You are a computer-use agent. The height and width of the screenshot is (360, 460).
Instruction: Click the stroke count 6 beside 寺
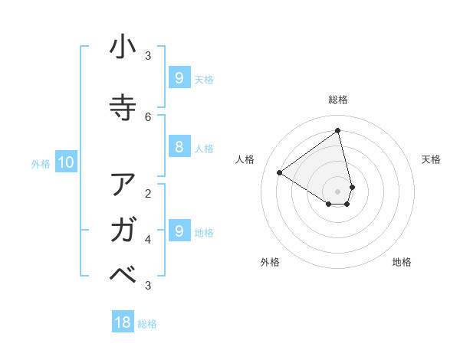(148, 116)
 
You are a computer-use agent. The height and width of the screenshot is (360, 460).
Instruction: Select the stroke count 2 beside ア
(148, 193)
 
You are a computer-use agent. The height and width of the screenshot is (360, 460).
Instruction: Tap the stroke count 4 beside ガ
(148, 239)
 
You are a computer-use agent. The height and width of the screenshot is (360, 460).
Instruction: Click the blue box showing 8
(179, 147)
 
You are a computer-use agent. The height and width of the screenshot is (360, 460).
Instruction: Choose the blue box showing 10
(65, 162)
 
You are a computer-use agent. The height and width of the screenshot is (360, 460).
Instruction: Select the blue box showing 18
(123, 322)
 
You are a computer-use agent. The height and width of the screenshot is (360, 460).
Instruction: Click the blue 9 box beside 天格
(179, 77)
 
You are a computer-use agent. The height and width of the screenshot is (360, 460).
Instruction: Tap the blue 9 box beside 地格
(179, 231)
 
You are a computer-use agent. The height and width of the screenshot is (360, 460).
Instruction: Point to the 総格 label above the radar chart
(338, 100)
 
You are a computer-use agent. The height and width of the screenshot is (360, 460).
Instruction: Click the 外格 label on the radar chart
(270, 262)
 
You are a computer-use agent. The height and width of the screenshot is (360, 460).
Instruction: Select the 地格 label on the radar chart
(402, 262)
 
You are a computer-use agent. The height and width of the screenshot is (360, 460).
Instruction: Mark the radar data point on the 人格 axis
(280, 172)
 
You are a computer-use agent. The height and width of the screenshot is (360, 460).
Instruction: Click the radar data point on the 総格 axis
(338, 130)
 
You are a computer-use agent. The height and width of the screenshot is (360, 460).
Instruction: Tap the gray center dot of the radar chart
(338, 191)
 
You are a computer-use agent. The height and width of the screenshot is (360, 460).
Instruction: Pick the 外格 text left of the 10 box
(40, 163)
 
